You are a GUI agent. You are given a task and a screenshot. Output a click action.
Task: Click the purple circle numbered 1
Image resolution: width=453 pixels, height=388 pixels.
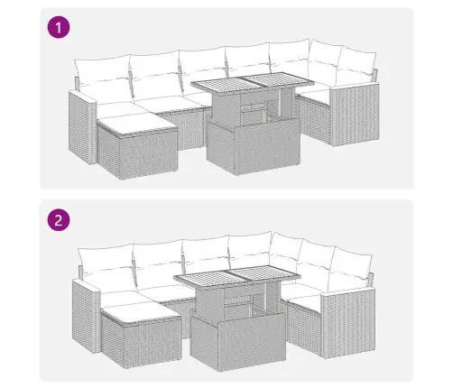pos(59,28)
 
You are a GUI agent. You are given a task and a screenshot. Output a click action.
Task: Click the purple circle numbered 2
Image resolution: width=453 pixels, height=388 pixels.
pos(59,220)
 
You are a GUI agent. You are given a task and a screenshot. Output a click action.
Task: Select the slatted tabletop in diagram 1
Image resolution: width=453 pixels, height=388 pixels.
pos(253,83)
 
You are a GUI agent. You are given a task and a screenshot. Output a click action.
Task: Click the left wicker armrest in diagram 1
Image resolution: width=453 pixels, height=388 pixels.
pos(82,128)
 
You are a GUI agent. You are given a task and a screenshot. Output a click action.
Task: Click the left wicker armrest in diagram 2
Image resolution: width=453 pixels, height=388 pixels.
pos(86,316)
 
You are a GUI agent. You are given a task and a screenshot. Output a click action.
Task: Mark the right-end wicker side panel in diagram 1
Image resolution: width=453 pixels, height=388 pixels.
pos(355,115)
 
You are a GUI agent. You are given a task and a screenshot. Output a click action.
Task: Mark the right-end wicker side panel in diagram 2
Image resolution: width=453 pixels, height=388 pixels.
pos(348,323)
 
